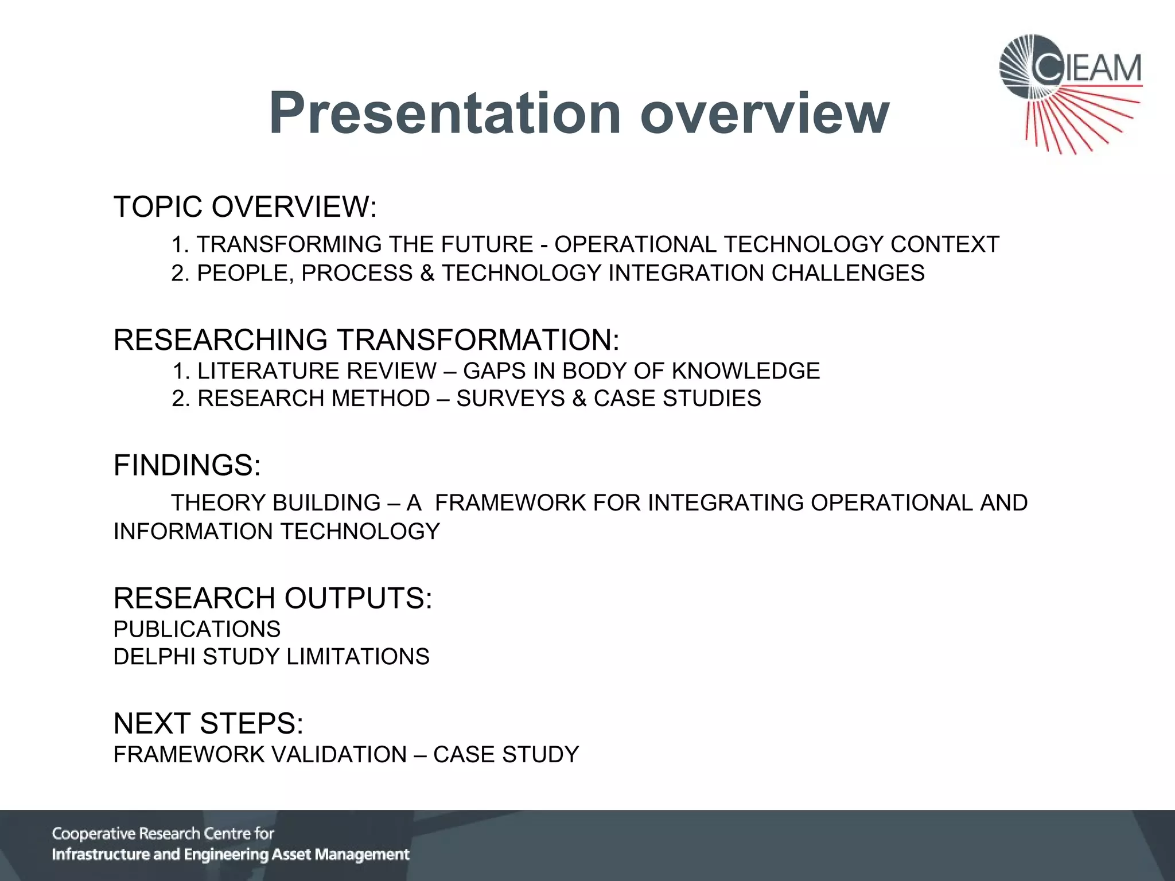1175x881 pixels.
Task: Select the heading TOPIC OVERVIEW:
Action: point(245,206)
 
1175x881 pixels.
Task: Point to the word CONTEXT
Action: point(944,244)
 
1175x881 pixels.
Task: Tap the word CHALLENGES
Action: point(848,273)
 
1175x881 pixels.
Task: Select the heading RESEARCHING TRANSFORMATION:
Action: point(366,340)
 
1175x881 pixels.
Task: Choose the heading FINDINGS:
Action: point(187,465)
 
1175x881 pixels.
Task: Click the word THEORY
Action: point(218,503)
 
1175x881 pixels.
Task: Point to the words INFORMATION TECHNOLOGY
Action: point(277,532)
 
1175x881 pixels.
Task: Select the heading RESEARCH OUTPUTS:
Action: point(273,598)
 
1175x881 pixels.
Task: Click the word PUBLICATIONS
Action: point(197,629)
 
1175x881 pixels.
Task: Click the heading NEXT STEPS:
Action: point(208,723)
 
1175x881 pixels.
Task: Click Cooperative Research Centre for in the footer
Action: point(163,833)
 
